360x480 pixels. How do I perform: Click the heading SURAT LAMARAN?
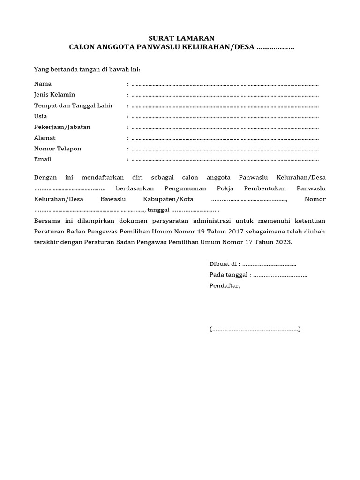coord(181,38)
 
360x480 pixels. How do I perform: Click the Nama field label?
coord(43,84)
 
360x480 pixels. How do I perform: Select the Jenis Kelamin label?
coord(54,95)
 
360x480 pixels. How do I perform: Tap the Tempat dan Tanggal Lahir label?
coord(74,105)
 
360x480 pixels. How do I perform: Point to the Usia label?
coord(40,116)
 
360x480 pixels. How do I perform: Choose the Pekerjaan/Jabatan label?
coord(62,127)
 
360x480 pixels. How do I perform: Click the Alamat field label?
coord(45,138)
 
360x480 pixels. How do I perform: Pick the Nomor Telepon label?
coord(58,149)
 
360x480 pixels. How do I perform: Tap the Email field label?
coord(42,159)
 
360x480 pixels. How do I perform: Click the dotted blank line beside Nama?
coord(225,85)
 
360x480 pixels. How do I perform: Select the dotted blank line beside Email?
coord(225,160)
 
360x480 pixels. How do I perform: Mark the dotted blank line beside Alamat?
coord(225,139)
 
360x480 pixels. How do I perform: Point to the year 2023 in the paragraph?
coord(282,242)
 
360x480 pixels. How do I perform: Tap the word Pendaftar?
coord(225,285)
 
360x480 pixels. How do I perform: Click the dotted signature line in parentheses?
coord(255,329)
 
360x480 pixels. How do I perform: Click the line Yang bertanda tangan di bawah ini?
coord(87,70)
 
